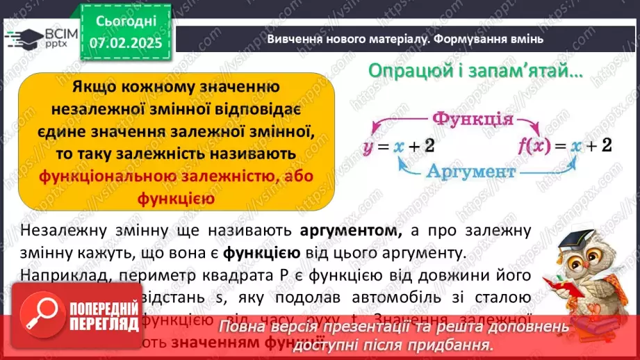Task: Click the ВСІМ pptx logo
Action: (x=40, y=38)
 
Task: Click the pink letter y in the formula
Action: (x=369, y=147)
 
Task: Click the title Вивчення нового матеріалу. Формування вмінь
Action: (x=404, y=39)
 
